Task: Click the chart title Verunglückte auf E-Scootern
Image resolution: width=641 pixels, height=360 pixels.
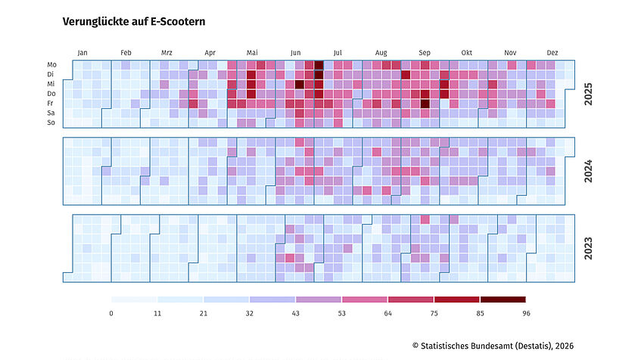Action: coord(134,22)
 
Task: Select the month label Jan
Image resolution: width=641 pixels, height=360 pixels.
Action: coord(82,53)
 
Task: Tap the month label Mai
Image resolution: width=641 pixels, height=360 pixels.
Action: coord(252,53)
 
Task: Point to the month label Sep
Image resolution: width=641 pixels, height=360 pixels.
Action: coord(425,53)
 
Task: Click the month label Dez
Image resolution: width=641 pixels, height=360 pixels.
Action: coord(552,53)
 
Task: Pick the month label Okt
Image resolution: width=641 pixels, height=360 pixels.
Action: coord(466,53)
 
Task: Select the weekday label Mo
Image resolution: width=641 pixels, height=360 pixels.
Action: coord(51,64)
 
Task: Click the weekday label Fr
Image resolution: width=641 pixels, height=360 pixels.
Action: coord(50,103)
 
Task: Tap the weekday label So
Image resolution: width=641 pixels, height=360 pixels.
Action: coord(51,123)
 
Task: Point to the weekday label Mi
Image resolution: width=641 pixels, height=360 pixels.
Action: coord(51,84)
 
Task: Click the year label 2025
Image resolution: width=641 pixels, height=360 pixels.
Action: coord(588,94)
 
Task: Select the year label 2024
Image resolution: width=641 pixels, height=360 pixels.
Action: coord(588,171)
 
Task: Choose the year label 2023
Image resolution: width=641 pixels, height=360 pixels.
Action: coord(588,248)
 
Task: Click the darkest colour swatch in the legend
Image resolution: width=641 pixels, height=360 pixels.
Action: coord(503,299)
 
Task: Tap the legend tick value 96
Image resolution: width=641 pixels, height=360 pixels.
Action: coord(526,313)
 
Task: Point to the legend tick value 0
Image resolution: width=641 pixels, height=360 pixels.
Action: coord(111,313)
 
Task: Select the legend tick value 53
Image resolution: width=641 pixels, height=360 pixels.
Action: coord(342,313)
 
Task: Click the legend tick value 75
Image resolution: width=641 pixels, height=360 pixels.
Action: coord(434,313)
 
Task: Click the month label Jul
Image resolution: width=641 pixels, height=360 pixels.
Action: coord(338,53)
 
